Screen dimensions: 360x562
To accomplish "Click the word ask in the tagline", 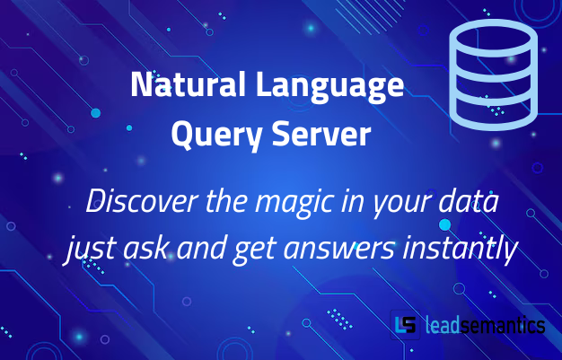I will tap(136, 249).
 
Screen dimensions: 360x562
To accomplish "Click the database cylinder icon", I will tap(493, 75).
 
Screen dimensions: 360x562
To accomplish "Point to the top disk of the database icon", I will tap(493, 40).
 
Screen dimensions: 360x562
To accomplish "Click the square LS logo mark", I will tap(405, 324).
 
